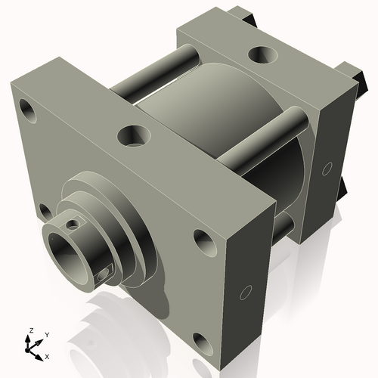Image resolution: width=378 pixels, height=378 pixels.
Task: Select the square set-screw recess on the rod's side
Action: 104,275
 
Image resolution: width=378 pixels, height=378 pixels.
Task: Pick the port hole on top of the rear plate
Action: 262,54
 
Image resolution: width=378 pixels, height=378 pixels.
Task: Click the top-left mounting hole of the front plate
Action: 29,109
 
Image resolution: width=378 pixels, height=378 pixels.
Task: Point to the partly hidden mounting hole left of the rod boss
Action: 45,211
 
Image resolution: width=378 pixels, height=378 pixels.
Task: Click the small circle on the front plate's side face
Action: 246,293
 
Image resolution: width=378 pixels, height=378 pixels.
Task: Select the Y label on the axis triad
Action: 46,333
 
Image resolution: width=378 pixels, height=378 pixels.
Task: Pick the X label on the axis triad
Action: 47,355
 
